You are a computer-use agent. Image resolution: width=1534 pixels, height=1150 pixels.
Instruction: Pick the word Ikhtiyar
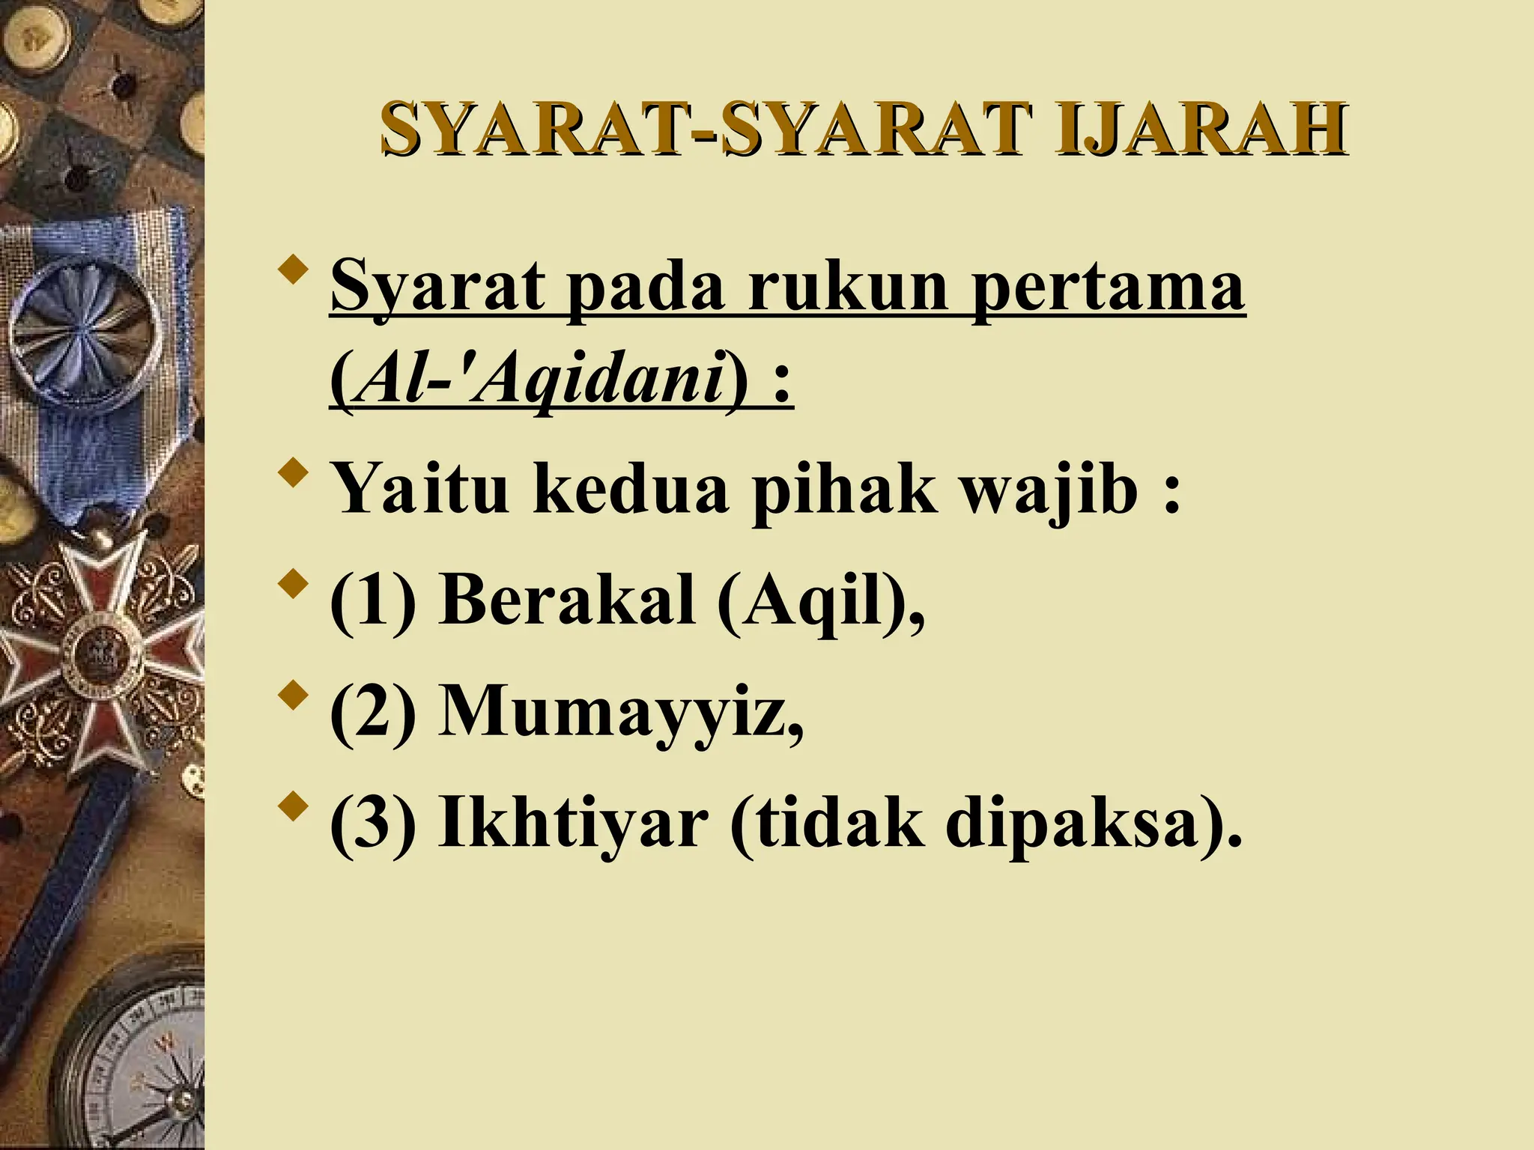point(573,824)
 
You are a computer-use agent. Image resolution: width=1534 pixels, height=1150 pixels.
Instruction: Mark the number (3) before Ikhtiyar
point(372,824)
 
